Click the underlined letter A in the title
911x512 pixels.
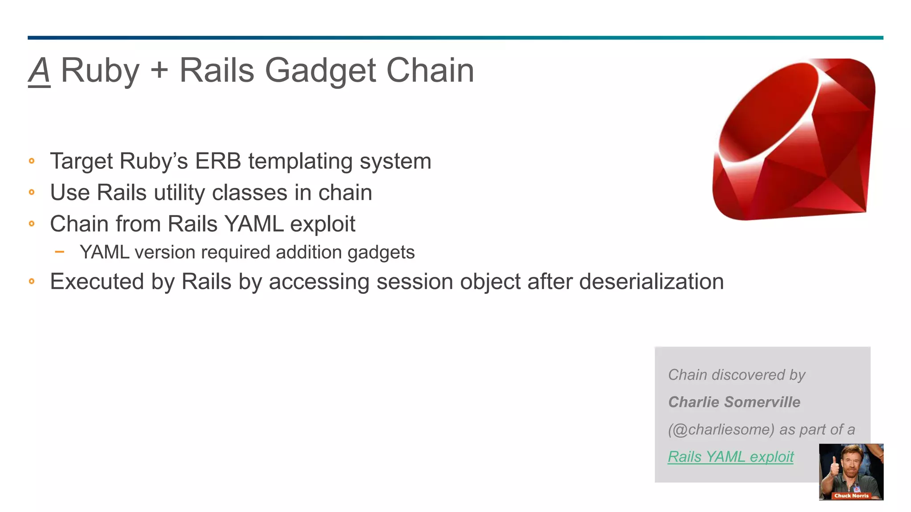click(x=39, y=71)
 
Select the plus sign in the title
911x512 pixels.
click(x=159, y=71)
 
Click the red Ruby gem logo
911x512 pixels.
click(x=794, y=140)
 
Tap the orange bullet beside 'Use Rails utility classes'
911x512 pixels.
click(x=32, y=192)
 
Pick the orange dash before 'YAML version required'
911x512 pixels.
click(x=60, y=252)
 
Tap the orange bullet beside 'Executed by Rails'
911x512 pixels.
click(x=32, y=281)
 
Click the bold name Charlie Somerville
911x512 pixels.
click(x=734, y=402)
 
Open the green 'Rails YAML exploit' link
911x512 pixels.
click(x=730, y=457)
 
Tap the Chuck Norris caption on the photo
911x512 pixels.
click(x=851, y=496)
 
